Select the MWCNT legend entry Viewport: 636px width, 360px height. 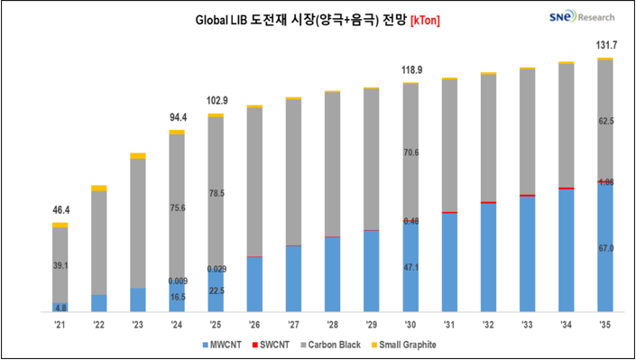pyautogui.click(x=223, y=345)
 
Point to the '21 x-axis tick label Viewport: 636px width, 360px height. pyautogui.click(x=60, y=325)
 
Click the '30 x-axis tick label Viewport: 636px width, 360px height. pyautogui.click(x=410, y=325)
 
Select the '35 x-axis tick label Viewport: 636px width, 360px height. pyautogui.click(x=605, y=325)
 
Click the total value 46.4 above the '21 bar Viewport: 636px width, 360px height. pyautogui.click(x=60, y=210)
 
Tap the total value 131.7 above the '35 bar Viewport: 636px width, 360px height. pyautogui.click(x=605, y=45)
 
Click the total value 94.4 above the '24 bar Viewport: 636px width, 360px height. pyautogui.click(x=176, y=116)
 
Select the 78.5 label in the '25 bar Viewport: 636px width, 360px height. pyautogui.click(x=216, y=193)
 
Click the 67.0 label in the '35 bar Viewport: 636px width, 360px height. pyautogui.click(x=605, y=247)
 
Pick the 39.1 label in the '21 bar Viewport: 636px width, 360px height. pyautogui.click(x=60, y=265)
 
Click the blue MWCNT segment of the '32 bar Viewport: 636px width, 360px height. pyautogui.click(x=488, y=257)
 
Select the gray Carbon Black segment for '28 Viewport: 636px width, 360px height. pyautogui.click(x=332, y=162)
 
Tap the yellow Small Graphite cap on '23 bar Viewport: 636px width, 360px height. pyautogui.click(x=137, y=156)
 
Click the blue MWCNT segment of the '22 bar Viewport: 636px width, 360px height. pyautogui.click(x=98, y=303)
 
